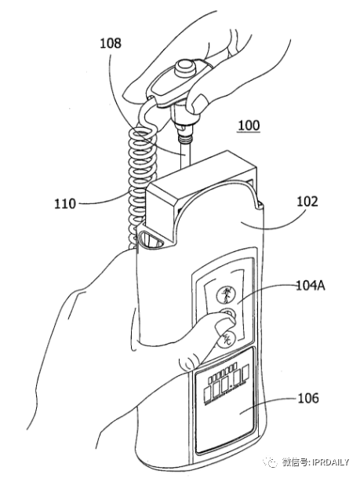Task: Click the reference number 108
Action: pyautogui.click(x=111, y=43)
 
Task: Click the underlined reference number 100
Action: pyautogui.click(x=249, y=126)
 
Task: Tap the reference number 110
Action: pyautogui.click(x=65, y=203)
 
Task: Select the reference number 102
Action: pyautogui.click(x=307, y=202)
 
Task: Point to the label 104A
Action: pyautogui.click(x=311, y=286)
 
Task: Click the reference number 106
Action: pyautogui.click(x=308, y=398)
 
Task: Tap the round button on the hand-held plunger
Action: pyautogui.click(x=185, y=67)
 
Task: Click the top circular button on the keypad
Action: pyautogui.click(x=226, y=295)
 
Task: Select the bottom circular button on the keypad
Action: pyautogui.click(x=226, y=339)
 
